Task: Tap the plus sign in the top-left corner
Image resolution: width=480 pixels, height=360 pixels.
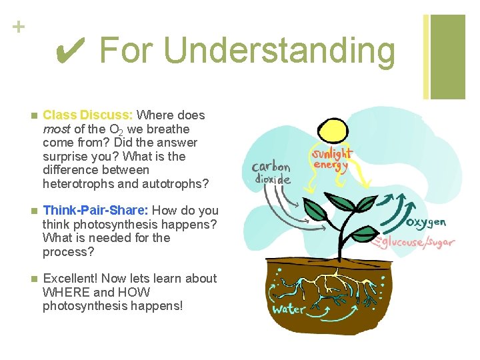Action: coord(18,27)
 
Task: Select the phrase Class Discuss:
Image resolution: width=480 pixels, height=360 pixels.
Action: coord(87,115)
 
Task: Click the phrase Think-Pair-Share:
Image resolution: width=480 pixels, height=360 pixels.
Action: coord(95,211)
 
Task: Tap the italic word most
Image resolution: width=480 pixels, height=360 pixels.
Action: coord(56,129)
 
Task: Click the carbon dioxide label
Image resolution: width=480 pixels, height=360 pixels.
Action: coord(271,173)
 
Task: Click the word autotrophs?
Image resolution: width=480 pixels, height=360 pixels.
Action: coord(175,183)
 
